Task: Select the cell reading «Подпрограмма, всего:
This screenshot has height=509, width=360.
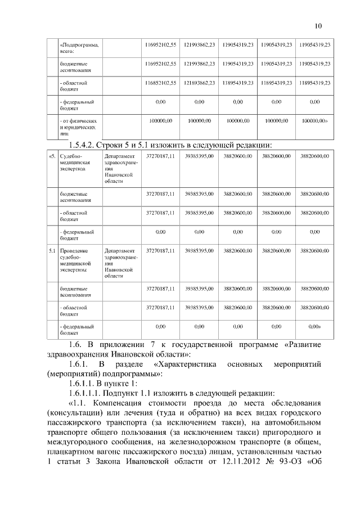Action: click(79, 47)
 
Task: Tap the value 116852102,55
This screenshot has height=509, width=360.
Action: click(161, 83)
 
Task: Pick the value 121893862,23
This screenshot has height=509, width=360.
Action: click(200, 83)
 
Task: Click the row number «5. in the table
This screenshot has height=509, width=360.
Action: click(51, 155)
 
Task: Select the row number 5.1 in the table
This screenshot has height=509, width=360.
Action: click(51, 250)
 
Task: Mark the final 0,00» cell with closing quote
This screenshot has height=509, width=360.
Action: click(315, 326)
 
